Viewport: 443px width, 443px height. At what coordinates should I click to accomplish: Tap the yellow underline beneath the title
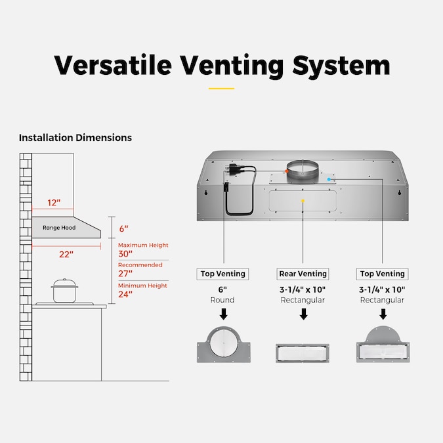pyautogui.click(x=221, y=88)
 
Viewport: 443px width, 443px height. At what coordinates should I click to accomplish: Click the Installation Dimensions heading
pyautogui.click(x=75, y=138)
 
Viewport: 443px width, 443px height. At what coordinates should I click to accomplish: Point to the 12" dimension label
pyautogui.click(x=53, y=203)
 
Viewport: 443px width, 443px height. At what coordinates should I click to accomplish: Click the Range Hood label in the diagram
pyautogui.click(x=59, y=228)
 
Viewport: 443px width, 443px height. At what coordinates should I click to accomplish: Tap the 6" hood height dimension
pyautogui.click(x=123, y=229)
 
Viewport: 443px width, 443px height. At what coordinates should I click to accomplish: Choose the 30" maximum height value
pyautogui.click(x=125, y=253)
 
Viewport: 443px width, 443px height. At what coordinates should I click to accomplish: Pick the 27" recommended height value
pyautogui.click(x=125, y=274)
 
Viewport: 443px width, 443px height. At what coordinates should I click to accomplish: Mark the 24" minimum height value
pyautogui.click(x=125, y=294)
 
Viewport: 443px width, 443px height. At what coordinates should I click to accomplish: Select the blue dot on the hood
pyautogui.click(x=329, y=179)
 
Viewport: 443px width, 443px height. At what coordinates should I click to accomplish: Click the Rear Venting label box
pyautogui.click(x=303, y=274)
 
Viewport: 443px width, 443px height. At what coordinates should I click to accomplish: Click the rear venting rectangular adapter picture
pyautogui.click(x=303, y=352)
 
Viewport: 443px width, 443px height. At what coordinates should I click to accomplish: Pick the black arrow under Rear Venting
pyautogui.click(x=303, y=315)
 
